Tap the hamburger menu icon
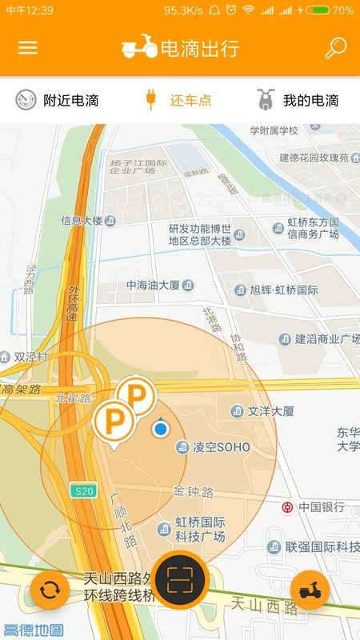pos(28,47)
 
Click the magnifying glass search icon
pos(335,47)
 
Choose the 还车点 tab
pos(179,100)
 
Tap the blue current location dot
pos(161,430)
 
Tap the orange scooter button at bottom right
pos(310,591)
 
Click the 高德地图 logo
pos(34,630)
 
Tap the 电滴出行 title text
pos(199,48)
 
